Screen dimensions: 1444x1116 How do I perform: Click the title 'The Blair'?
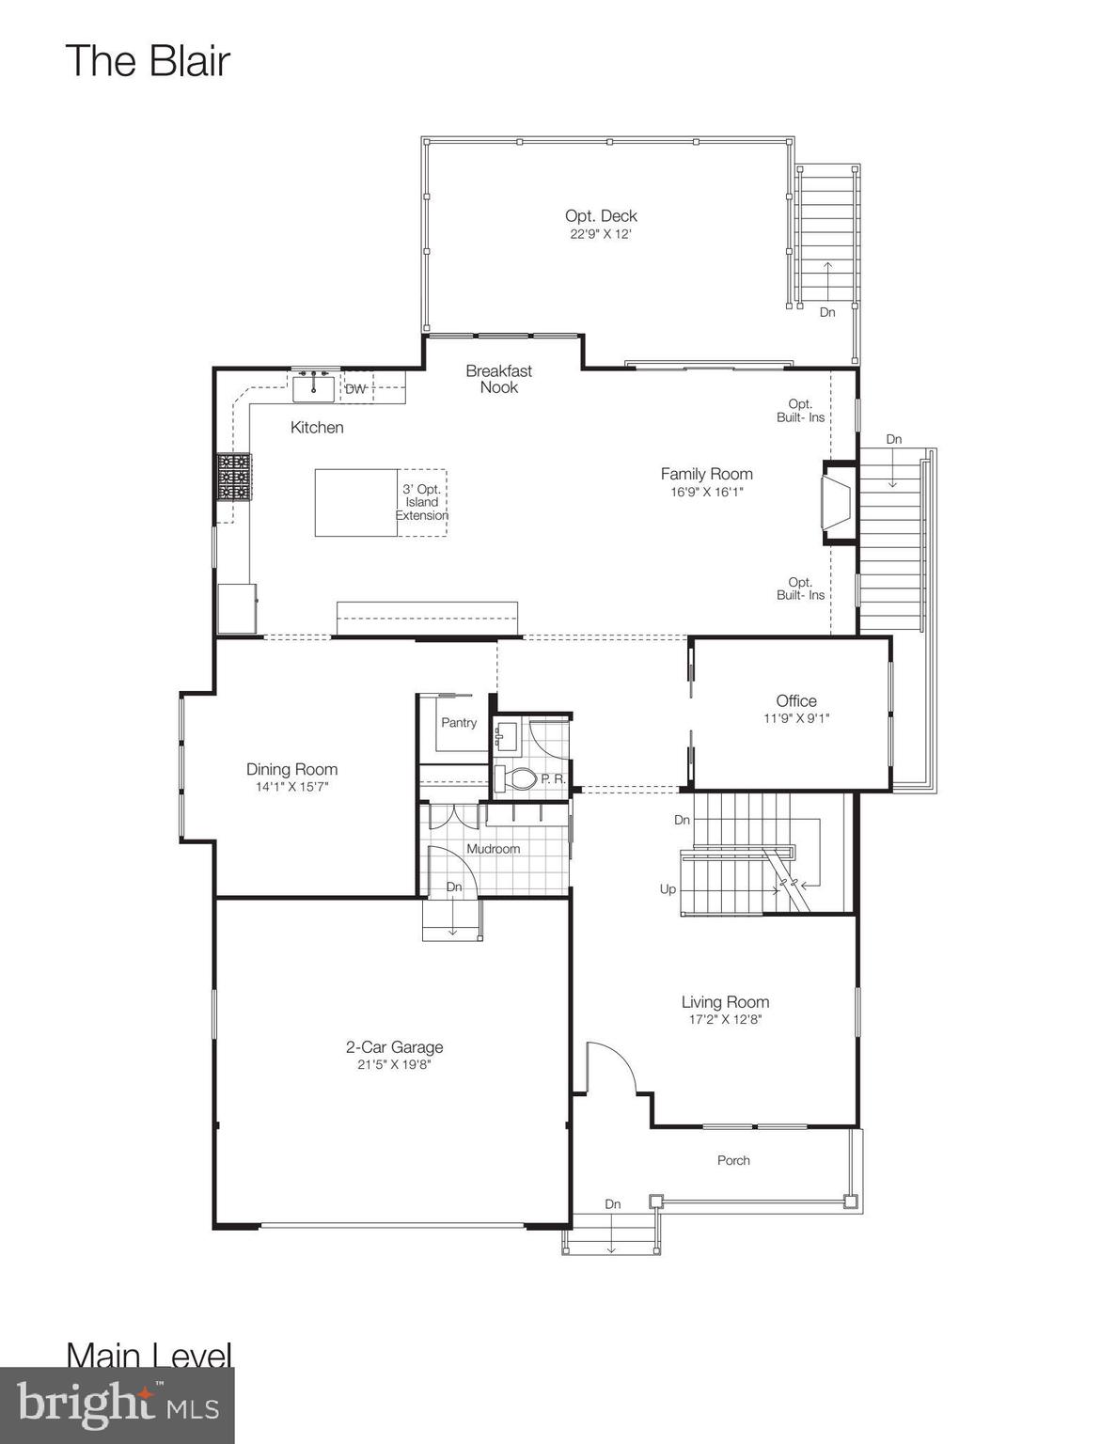tap(148, 61)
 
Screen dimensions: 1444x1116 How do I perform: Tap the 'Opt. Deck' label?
tap(601, 216)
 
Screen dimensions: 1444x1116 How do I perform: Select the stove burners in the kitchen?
tap(234, 477)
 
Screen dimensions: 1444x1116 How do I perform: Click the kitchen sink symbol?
tap(312, 387)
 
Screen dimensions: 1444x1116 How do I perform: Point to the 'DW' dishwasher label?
tap(355, 389)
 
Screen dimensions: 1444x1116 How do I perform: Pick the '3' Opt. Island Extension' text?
tap(421, 502)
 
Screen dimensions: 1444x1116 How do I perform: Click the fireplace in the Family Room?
tap(835, 503)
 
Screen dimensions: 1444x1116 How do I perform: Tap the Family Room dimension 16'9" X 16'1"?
tap(706, 492)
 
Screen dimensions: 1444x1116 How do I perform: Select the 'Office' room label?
tap(795, 700)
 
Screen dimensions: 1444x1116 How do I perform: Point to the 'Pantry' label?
tap(459, 723)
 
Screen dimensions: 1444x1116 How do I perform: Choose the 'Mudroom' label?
tap(493, 849)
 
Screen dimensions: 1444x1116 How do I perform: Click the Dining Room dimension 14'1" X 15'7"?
tap(291, 787)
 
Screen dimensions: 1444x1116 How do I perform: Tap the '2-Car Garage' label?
tap(394, 1047)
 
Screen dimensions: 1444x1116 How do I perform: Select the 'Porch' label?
tap(733, 1160)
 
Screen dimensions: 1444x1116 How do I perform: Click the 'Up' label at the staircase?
tap(668, 889)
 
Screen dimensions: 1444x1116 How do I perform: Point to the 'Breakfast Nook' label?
tap(498, 379)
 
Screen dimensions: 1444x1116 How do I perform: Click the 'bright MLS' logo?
tap(118, 1405)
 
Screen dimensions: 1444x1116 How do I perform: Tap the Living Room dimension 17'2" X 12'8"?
tap(725, 1020)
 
